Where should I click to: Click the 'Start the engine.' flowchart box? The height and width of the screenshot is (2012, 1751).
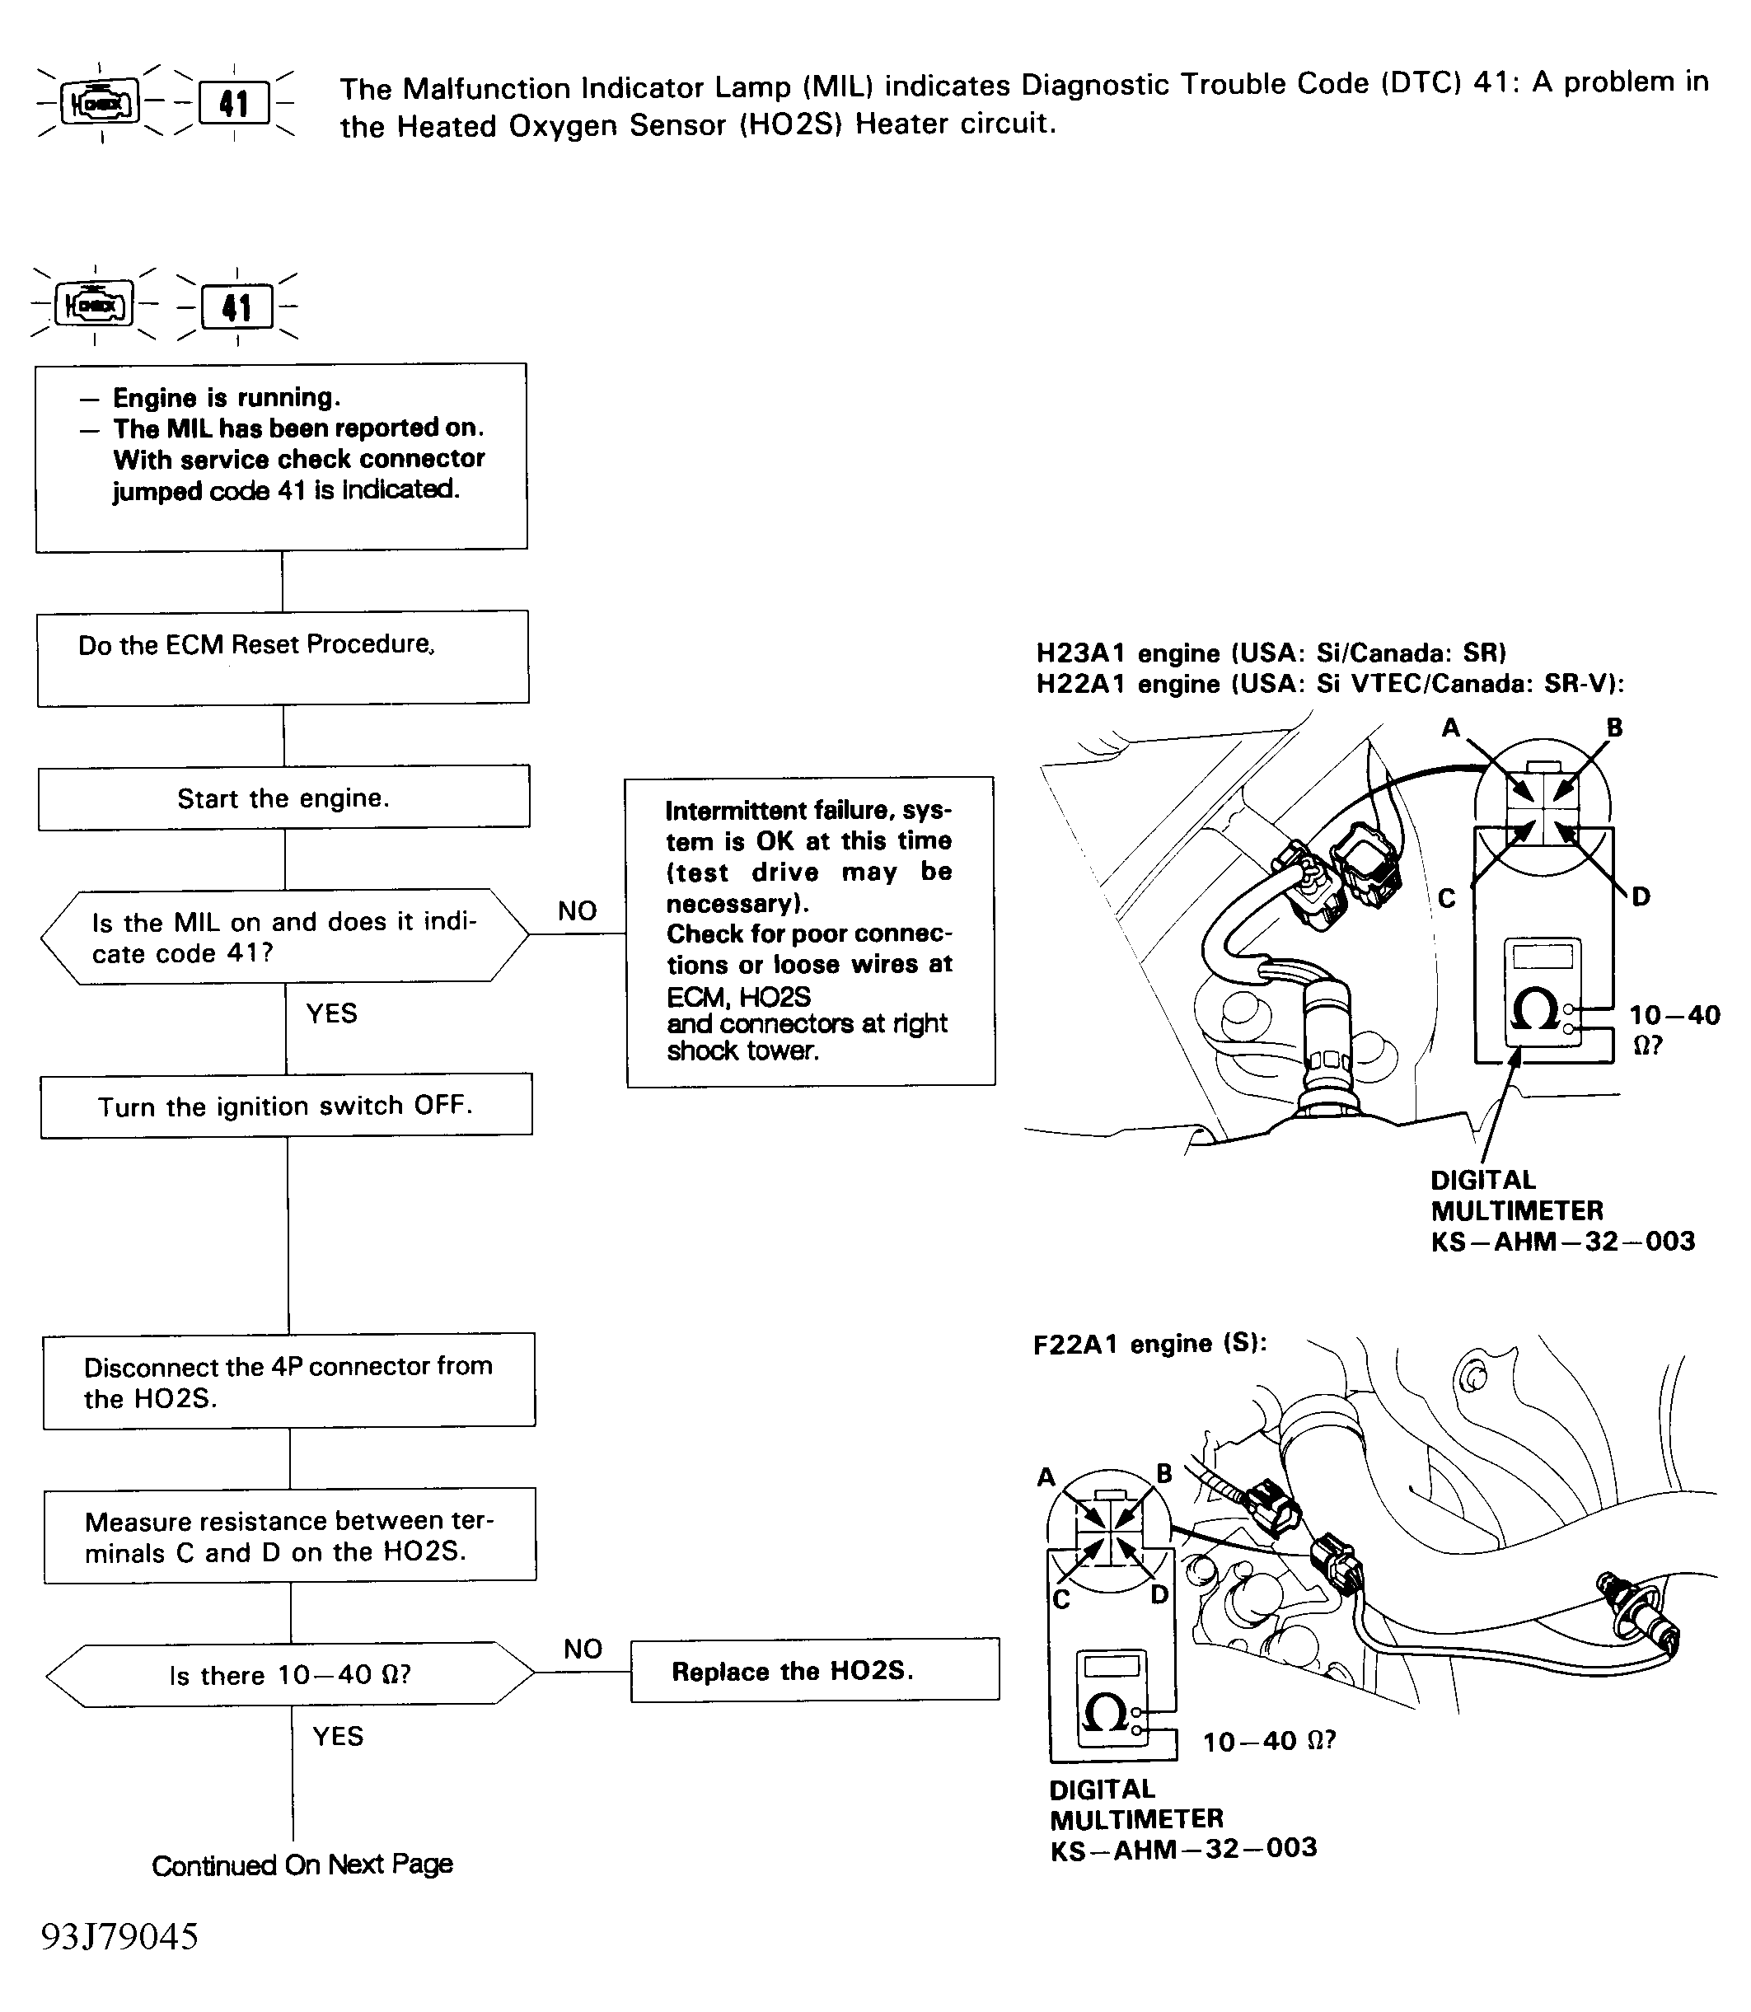coord(283,798)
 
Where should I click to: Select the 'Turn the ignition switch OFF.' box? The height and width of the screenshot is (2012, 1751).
coord(286,1105)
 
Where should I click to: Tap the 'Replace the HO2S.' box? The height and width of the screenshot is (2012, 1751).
coord(815,1671)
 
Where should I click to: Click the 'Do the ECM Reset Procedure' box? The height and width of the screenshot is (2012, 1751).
coord(283,657)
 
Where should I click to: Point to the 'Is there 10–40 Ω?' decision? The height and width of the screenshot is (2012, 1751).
coord(290,1675)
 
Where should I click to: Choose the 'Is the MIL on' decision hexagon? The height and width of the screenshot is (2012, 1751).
coord(284,936)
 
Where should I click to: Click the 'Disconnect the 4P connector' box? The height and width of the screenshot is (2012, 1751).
coord(289,1381)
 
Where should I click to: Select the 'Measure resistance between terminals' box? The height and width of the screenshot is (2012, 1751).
coord(290,1535)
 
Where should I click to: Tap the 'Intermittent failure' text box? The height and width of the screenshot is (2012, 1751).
coord(810,931)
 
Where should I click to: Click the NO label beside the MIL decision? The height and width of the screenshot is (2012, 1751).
coord(578,910)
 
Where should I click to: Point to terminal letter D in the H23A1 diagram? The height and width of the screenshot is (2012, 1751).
coord(1641,896)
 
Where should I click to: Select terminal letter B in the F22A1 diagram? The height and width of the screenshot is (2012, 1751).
coord(1163,1472)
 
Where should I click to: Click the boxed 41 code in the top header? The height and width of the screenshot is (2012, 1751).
coord(233,103)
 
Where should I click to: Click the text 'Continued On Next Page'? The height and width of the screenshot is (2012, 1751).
coord(302,1865)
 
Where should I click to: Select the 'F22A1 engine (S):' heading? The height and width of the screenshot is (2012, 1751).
coord(1150,1344)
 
